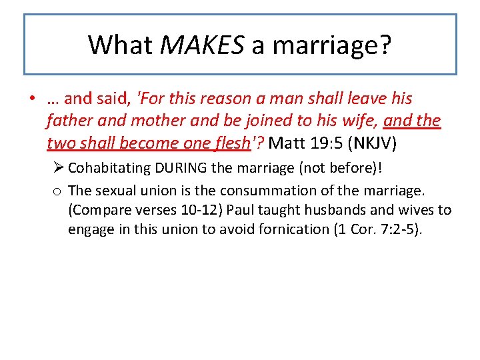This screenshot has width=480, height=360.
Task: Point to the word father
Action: click(x=69, y=121)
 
